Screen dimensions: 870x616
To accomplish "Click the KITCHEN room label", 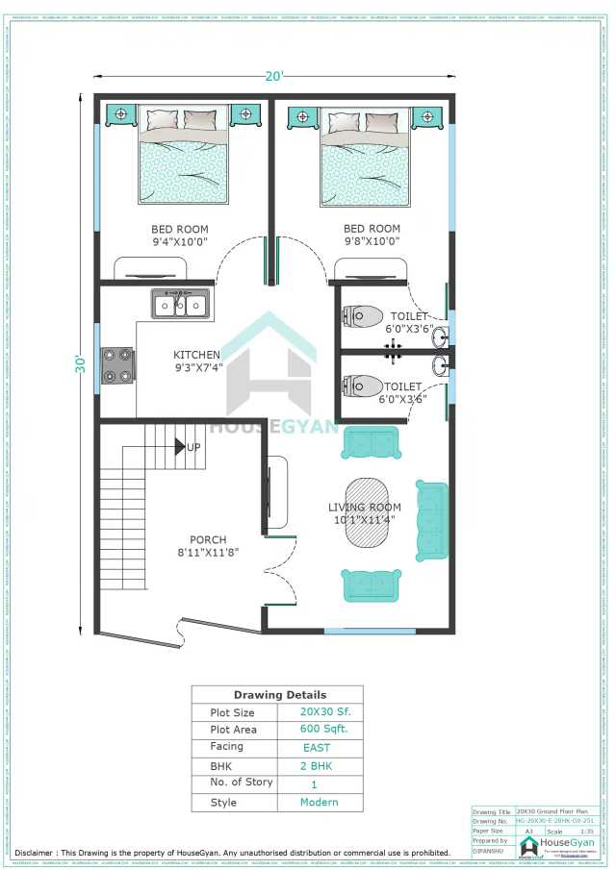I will (x=197, y=355).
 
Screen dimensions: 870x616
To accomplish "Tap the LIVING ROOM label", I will (x=365, y=508).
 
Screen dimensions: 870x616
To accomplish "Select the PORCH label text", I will (x=209, y=539).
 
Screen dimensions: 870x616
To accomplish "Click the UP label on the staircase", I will (x=193, y=448).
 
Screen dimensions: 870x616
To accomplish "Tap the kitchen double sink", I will (x=180, y=305).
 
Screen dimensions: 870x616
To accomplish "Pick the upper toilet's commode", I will (x=363, y=315).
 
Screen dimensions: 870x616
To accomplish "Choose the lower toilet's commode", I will (x=363, y=385).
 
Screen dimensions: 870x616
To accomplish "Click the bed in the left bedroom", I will (x=184, y=159).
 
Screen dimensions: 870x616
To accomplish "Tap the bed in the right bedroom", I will (x=365, y=159).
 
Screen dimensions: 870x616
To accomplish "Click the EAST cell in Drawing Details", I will (x=316, y=747).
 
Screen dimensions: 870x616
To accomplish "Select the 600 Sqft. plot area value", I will (x=316, y=729).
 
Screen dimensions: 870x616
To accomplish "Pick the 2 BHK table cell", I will (x=316, y=765).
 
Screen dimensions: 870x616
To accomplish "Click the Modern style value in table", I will (x=319, y=802).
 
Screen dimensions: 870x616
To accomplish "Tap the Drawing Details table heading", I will (x=279, y=694).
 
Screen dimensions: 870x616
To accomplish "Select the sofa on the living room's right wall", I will (x=431, y=520).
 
